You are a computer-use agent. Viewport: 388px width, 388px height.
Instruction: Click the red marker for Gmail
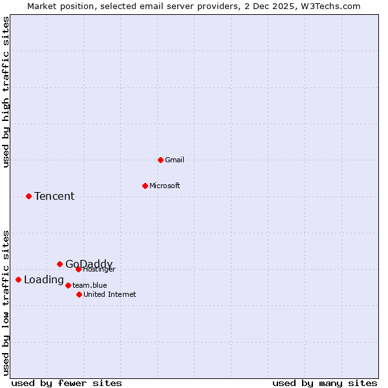[x=160, y=160]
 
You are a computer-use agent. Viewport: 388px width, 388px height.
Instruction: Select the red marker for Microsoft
[x=145, y=186]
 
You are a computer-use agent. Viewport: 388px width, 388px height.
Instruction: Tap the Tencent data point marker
[x=28, y=196]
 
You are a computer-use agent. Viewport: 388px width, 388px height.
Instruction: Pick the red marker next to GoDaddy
[x=59, y=264]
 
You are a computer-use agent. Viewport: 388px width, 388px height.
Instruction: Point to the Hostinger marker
[x=78, y=269]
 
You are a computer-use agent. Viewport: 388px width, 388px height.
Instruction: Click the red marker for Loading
[x=18, y=279]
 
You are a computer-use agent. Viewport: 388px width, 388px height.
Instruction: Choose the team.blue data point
[x=68, y=285]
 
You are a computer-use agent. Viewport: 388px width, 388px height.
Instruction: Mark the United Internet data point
[x=79, y=294]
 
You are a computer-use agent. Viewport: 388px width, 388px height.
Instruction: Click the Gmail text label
[x=175, y=160]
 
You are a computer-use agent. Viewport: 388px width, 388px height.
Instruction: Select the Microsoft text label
[x=165, y=186]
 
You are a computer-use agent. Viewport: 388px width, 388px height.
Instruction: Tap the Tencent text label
[x=54, y=196]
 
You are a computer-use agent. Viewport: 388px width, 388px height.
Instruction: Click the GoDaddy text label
[x=89, y=264]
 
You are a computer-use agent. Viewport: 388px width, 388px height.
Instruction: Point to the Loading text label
[x=44, y=280]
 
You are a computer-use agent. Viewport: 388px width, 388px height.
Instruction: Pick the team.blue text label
[x=90, y=285]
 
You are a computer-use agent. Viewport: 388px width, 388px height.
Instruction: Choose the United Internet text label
[x=110, y=294]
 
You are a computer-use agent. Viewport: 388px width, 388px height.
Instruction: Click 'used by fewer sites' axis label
[x=67, y=383]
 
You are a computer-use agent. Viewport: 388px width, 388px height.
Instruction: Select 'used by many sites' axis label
[x=325, y=383]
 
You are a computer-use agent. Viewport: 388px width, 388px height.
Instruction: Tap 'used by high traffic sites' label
[x=6, y=92]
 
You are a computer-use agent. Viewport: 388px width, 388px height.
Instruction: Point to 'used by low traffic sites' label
[x=6, y=303]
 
